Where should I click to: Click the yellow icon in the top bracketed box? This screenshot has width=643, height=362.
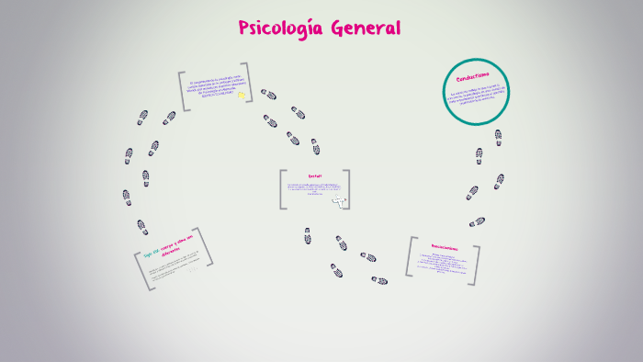coord(242,96)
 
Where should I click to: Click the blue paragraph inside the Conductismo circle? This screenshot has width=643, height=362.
coord(477,98)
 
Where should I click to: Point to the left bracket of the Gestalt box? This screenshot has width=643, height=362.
coord(283,189)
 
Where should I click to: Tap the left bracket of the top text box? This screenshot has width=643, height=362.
coord(183,91)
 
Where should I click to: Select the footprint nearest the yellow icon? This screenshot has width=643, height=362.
coord(268,94)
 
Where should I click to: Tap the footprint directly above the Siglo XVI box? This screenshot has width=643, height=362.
coord(142,226)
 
